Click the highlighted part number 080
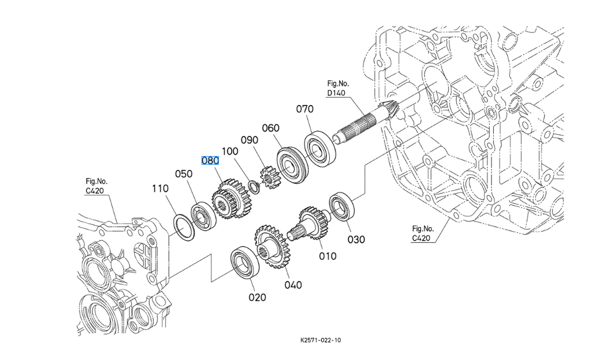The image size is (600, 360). [210, 160]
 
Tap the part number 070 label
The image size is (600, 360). [305, 109]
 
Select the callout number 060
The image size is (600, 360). [270, 128]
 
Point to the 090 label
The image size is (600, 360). [249, 140]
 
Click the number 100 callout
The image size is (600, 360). [229, 151]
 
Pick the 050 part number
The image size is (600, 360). [184, 174]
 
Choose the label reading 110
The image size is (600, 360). [160, 188]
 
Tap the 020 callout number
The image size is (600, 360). [257, 297]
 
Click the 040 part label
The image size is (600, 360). [293, 284]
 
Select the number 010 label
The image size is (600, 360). [327, 256]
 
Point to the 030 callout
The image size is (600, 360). [356, 239]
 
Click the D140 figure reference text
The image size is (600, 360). [336, 93]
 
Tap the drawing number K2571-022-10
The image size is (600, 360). [321, 340]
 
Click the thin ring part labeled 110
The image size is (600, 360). [184, 226]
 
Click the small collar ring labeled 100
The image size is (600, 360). [252, 187]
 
